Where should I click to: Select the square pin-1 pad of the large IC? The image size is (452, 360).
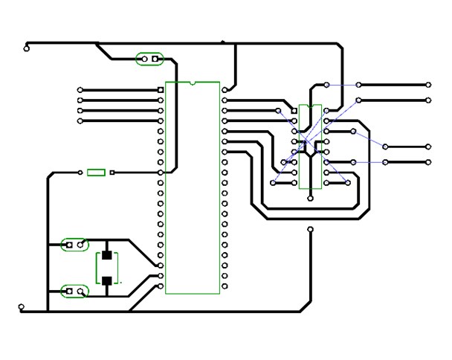point(161,90)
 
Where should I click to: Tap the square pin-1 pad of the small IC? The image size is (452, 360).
point(294,111)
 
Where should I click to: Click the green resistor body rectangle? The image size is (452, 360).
point(96,173)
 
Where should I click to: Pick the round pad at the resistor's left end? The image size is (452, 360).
point(80,173)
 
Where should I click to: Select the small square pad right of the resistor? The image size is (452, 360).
point(112,173)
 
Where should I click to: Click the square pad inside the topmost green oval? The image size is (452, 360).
point(155,58)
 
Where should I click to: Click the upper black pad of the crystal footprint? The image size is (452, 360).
point(107,255)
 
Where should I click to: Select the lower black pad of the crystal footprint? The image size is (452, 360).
point(107,280)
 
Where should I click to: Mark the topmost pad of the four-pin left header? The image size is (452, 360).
point(80,90)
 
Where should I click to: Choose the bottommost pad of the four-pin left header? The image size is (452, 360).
point(80,120)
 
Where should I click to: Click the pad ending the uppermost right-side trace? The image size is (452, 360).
point(428,85)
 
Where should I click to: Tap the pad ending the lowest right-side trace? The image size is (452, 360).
point(428,161)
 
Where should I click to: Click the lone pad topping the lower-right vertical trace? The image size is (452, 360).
point(310,230)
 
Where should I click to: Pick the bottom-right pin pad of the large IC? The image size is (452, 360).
point(225,286)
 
